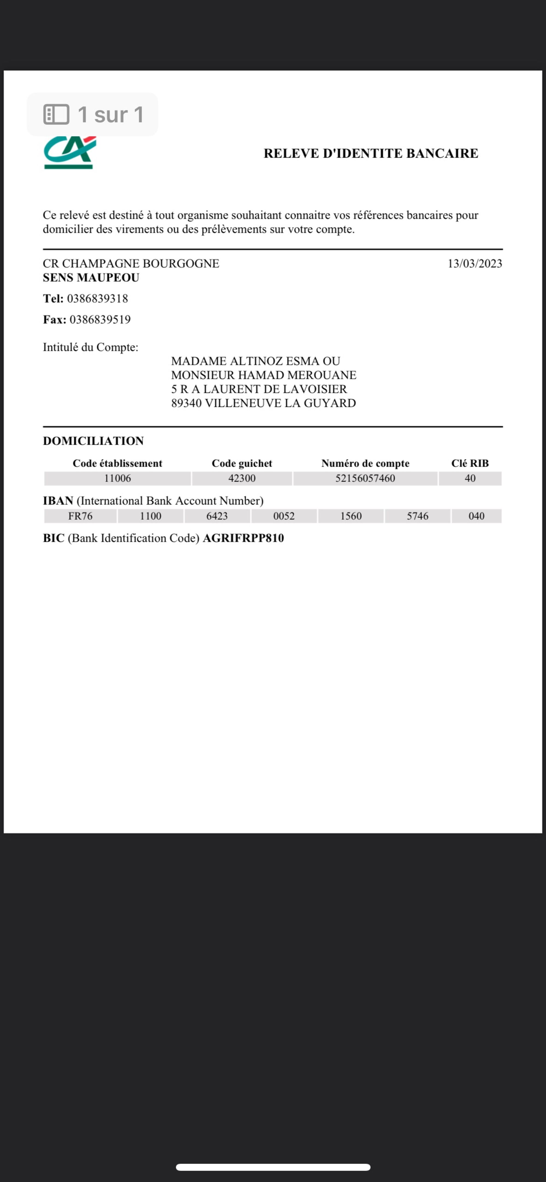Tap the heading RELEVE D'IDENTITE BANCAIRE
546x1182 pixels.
(x=371, y=153)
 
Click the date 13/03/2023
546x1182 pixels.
(x=475, y=263)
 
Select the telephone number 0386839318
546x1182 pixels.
(x=97, y=299)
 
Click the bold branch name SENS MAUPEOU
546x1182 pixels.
(x=91, y=277)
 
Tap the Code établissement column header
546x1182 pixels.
(x=117, y=463)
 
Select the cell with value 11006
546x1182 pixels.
(x=117, y=478)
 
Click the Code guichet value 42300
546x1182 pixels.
(x=242, y=478)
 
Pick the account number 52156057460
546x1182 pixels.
(x=365, y=478)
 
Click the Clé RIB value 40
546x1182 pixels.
(x=470, y=478)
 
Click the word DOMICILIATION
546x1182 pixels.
(x=93, y=441)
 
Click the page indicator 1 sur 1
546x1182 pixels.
(x=110, y=115)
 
